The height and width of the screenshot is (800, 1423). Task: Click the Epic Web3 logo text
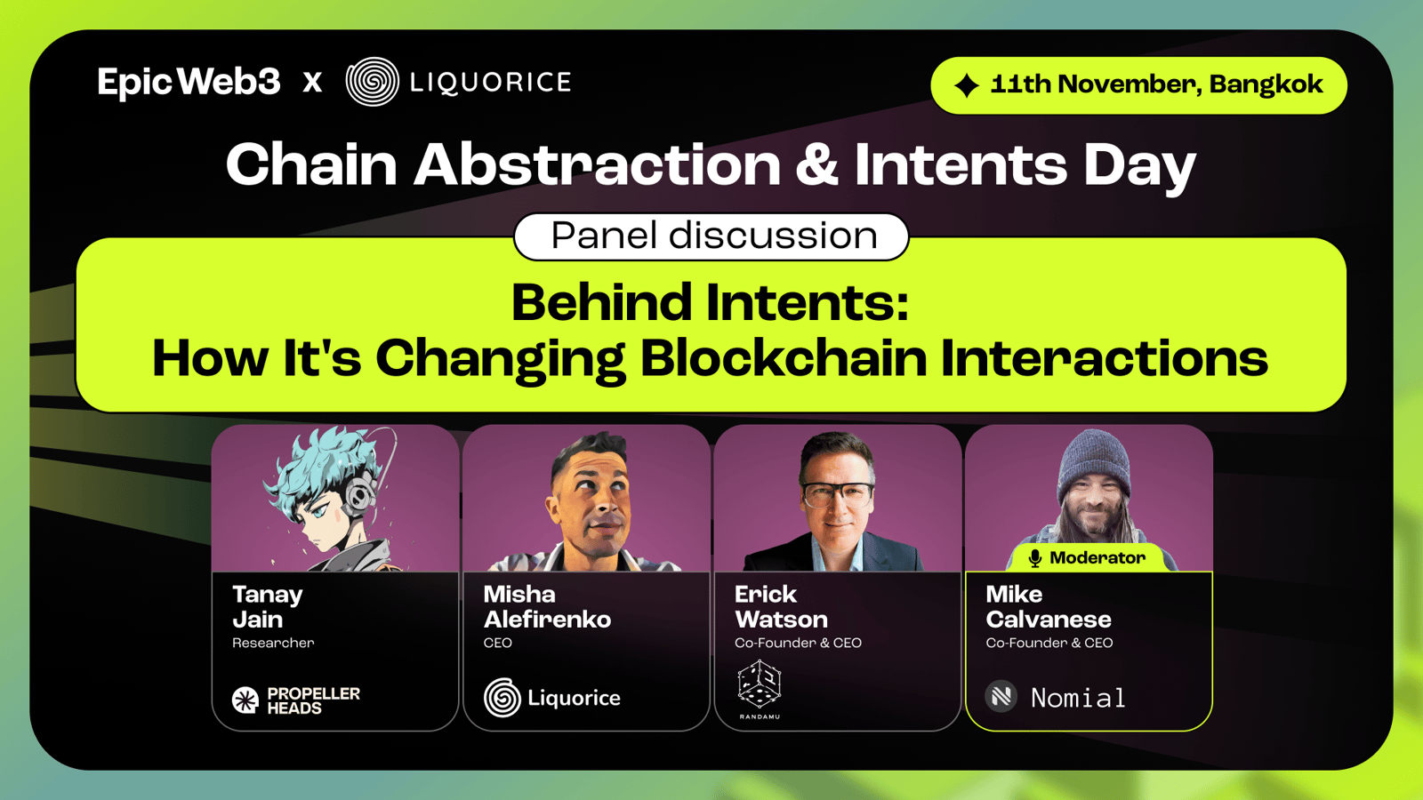pos(189,83)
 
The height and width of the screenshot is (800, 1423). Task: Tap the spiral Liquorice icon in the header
pos(373,82)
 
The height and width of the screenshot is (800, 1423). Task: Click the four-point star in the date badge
pos(967,85)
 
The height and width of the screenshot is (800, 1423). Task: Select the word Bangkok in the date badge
pos(1266,85)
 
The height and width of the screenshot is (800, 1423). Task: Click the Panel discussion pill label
pos(711,236)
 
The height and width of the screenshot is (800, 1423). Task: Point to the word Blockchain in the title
pos(784,358)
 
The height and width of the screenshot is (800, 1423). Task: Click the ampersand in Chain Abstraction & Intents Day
pos(817,164)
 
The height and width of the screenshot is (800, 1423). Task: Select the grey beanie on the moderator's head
pos(1094,459)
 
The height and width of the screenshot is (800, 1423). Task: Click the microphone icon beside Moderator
pos(1035,558)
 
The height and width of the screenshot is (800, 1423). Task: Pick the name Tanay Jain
pos(268,606)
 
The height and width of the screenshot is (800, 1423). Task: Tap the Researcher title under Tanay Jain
pos(273,643)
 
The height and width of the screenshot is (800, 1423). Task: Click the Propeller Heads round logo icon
pos(245,700)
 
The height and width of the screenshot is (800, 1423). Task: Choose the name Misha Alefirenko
pos(547,606)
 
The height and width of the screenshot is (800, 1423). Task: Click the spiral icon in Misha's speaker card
pos(502,698)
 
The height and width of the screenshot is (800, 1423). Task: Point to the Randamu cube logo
pos(760,684)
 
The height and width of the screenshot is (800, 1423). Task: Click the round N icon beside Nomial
pos(1001,697)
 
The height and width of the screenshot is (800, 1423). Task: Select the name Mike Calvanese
pos(1049,606)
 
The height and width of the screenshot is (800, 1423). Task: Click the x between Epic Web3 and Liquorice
pos(312,83)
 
